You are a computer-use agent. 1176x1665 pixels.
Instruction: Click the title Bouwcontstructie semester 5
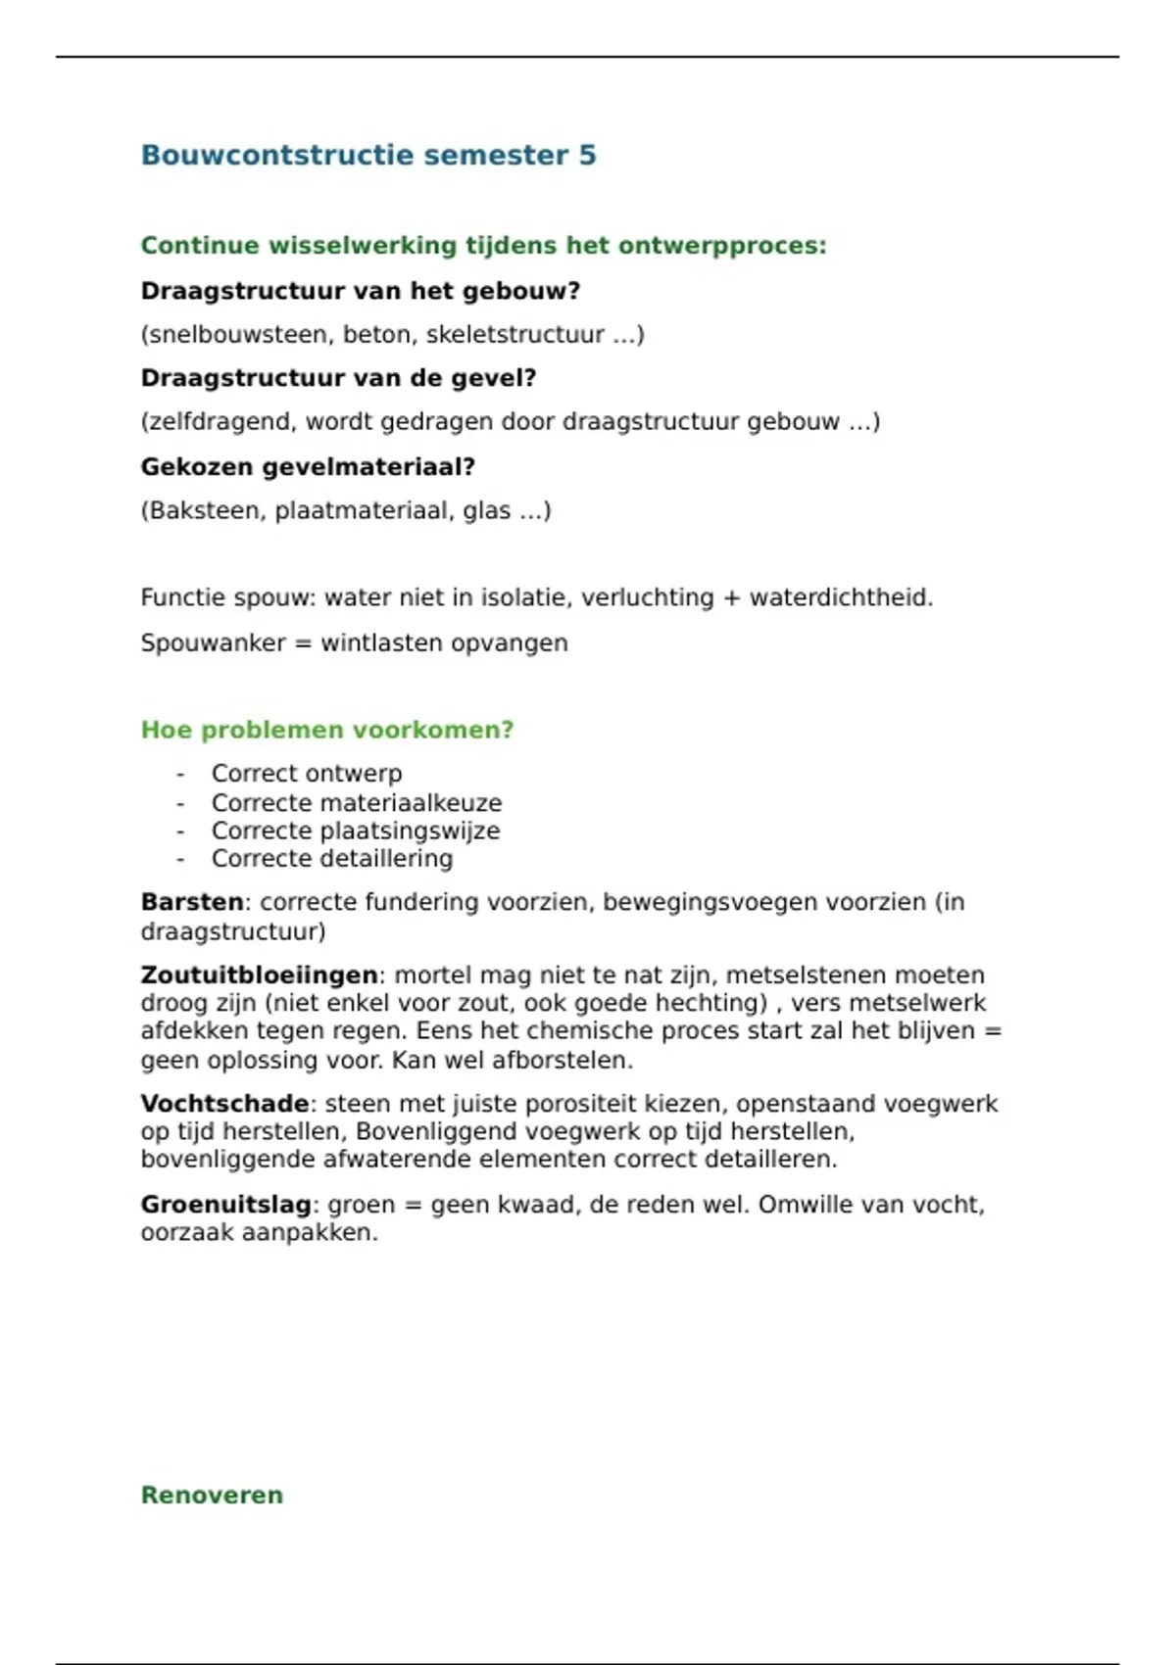click(x=367, y=156)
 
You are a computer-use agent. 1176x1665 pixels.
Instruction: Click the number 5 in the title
click(x=587, y=156)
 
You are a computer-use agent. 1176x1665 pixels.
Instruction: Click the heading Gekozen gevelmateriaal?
click(x=308, y=467)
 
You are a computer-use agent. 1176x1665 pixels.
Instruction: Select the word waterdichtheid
click(x=841, y=597)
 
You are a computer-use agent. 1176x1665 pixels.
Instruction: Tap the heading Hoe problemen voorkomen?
click(x=327, y=731)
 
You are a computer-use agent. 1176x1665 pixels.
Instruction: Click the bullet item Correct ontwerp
click(x=307, y=774)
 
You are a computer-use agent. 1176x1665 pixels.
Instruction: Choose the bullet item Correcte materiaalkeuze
click(x=357, y=803)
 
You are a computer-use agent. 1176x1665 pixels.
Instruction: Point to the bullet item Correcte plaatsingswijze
click(x=356, y=831)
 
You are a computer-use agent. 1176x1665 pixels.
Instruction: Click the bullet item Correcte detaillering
click(x=332, y=859)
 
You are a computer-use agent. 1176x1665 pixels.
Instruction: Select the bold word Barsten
click(x=192, y=902)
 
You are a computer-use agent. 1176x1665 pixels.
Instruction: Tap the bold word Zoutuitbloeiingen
click(x=260, y=975)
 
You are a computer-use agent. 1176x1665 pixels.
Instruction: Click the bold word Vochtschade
click(x=225, y=1104)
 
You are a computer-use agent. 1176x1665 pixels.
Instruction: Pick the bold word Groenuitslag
click(x=226, y=1205)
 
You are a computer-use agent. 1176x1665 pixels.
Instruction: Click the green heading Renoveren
click(x=212, y=1496)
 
